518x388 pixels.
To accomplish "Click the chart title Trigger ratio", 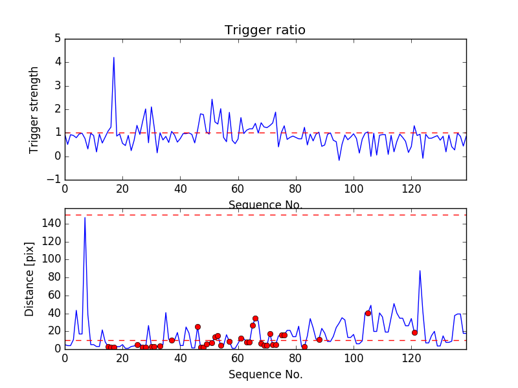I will pos(265,30).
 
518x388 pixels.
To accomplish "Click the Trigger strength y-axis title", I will pos(34,109).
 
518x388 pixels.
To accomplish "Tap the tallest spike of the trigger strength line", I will pos(114,58).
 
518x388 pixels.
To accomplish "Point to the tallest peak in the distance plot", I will pos(85,218).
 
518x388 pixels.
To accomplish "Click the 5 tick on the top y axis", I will pos(57,39).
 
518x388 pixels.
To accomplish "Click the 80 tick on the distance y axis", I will pos(54,277).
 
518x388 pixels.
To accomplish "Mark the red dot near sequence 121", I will pos(414,332).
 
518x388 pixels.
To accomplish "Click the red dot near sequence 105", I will pos(368,313).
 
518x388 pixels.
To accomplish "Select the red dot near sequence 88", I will pos(319,339).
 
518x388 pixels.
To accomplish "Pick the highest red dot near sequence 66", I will pos(255,318).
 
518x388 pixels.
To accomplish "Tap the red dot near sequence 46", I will pos(197,327).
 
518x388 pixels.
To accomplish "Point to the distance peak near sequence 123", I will pos(420,271).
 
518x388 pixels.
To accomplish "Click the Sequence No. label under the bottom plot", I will pos(265,374).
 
